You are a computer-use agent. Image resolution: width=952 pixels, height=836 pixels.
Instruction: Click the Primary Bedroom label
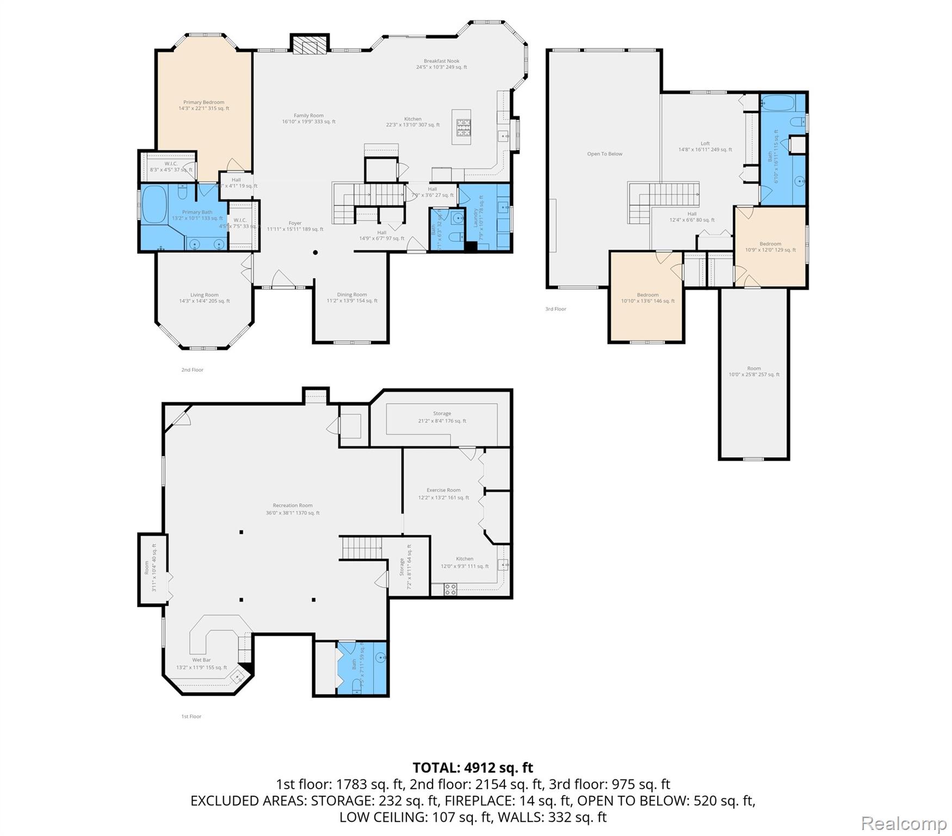coord(203,105)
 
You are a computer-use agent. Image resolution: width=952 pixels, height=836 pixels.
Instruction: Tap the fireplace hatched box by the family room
coord(311,44)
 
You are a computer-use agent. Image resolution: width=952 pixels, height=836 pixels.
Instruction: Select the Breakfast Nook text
coord(441,64)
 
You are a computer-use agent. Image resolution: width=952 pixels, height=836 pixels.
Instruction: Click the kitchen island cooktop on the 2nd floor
coord(463,126)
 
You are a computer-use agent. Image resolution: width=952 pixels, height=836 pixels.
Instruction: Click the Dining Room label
coord(351,297)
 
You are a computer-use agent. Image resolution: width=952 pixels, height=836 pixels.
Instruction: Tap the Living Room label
coord(204,298)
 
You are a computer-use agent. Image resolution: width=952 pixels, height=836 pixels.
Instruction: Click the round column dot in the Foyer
coord(315,253)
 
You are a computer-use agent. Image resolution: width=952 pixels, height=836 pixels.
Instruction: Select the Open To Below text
coord(604,154)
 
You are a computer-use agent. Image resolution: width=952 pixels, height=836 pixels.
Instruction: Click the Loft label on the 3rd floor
coord(705,146)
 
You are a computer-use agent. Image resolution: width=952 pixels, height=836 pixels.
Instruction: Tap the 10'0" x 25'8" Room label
coord(753,371)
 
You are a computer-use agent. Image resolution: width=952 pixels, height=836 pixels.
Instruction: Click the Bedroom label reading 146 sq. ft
coord(647,298)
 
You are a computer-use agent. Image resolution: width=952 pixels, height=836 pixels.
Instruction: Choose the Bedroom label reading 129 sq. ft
coord(770,247)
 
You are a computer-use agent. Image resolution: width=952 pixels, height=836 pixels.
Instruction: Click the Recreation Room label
coord(293,509)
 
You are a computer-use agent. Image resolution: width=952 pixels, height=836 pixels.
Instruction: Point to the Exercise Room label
coord(443,494)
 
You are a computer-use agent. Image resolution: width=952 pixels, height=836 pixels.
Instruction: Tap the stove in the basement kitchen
coord(450,589)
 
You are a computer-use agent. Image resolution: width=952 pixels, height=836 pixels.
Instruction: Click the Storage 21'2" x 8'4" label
coord(442,417)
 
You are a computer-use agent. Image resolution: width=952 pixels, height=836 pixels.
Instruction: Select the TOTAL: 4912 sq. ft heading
coord(473,767)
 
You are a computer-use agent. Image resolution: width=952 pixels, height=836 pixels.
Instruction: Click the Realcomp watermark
coord(904,823)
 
